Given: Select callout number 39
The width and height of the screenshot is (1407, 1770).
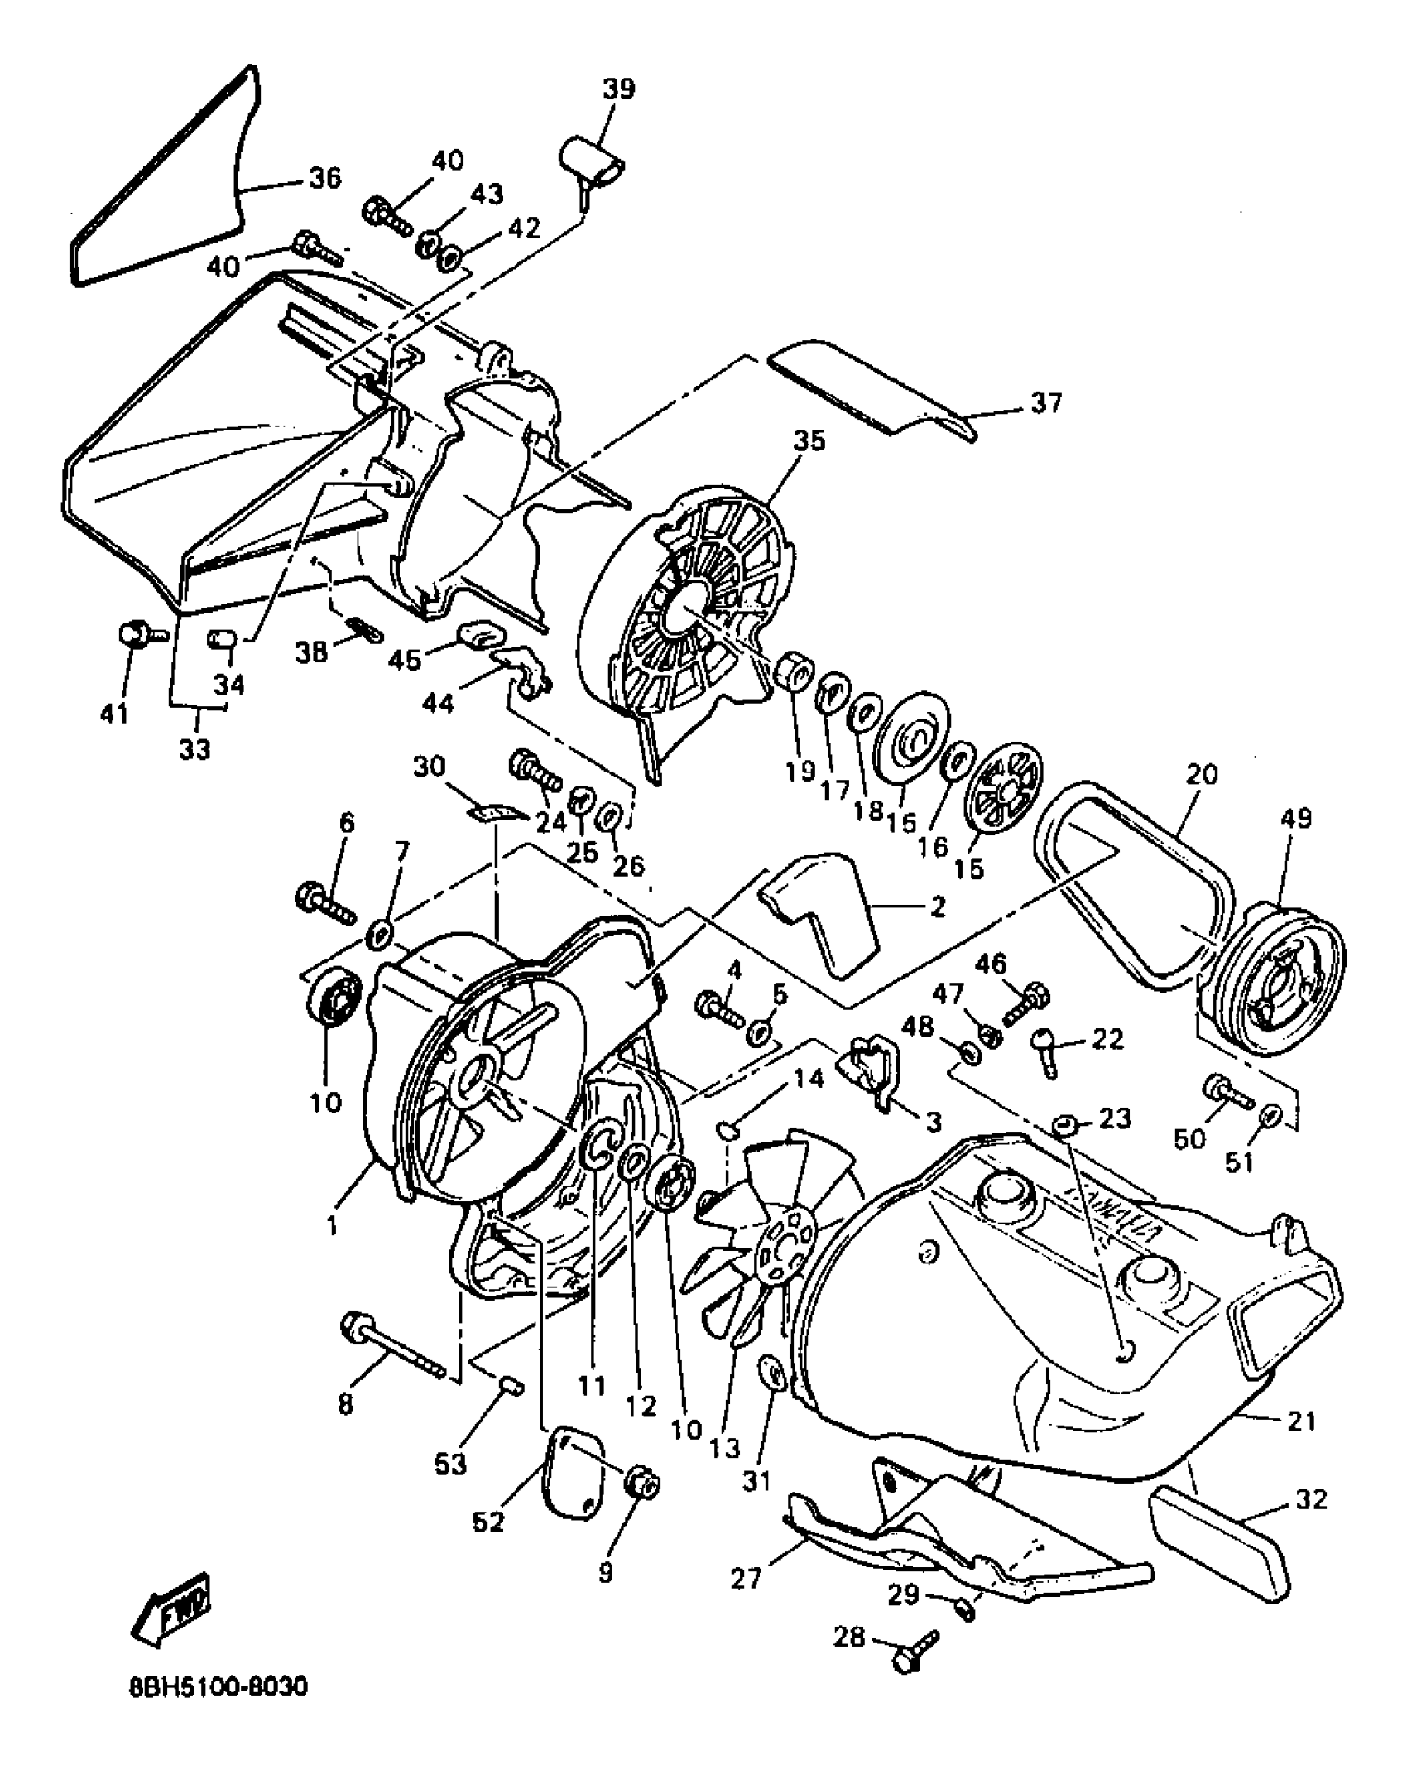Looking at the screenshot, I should (618, 89).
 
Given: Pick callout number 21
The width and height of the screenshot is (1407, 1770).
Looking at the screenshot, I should (1301, 1421).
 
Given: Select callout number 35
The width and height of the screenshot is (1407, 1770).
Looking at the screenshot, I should (809, 440).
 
